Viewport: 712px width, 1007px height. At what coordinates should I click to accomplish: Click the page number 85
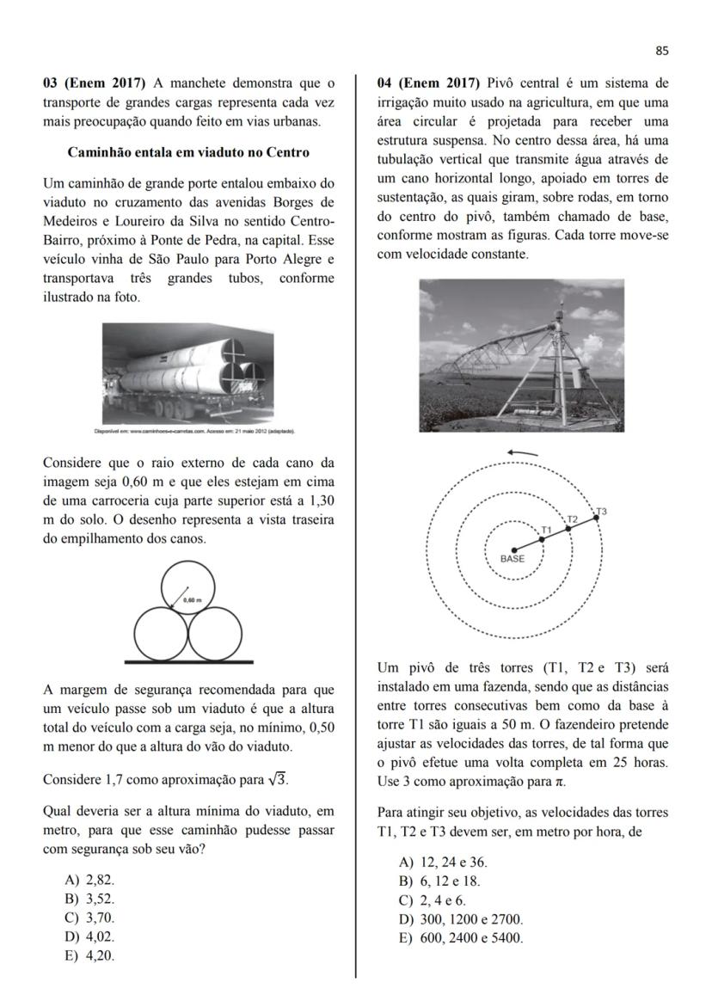pyautogui.click(x=661, y=51)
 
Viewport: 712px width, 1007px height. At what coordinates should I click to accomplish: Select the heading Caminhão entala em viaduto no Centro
pyautogui.click(x=188, y=152)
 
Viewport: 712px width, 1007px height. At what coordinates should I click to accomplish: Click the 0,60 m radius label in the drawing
pyautogui.click(x=192, y=600)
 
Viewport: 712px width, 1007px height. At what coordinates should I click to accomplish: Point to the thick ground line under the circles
pyautogui.click(x=188, y=661)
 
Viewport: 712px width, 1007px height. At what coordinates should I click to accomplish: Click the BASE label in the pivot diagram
pyautogui.click(x=513, y=558)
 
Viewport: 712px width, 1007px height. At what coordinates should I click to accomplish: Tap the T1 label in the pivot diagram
pyautogui.click(x=546, y=530)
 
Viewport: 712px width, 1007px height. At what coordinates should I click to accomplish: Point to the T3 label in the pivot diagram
pyautogui.click(x=601, y=511)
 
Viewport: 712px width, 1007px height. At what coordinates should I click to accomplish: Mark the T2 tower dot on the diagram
pyautogui.click(x=568, y=528)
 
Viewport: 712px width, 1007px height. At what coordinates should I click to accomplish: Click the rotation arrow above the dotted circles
pyautogui.click(x=523, y=453)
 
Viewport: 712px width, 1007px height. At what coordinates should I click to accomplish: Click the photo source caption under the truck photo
pyautogui.click(x=195, y=430)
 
